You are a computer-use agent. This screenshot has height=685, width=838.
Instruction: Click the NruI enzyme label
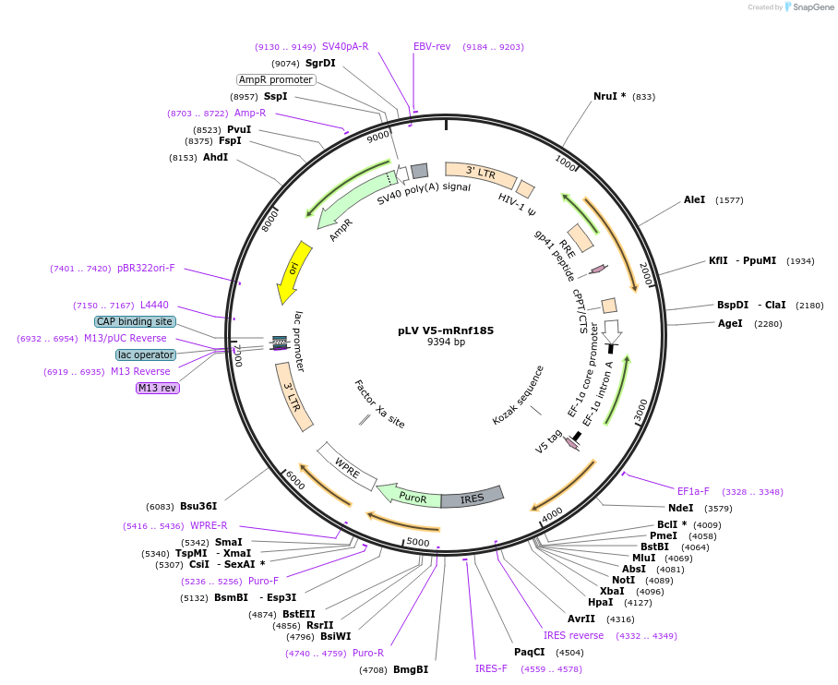[605, 96]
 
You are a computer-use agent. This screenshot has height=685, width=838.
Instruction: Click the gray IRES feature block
[472, 499]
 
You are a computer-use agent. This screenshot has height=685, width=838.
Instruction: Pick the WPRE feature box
[347, 466]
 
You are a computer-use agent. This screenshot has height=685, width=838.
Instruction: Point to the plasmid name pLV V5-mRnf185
[446, 330]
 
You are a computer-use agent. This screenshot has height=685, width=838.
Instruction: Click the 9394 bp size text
[446, 342]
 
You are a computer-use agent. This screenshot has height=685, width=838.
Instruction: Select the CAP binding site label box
[135, 321]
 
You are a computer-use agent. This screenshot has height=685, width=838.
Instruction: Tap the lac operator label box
[146, 355]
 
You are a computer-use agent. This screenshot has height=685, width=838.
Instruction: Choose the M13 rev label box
[157, 388]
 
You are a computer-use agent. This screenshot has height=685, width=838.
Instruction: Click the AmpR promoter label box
[276, 79]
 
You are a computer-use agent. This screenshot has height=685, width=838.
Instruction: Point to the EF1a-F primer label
[693, 491]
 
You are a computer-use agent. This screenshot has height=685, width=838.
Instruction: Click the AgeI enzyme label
[730, 323]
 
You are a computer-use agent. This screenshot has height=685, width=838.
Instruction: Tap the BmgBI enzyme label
[411, 669]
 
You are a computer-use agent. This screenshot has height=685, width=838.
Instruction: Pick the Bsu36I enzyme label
[198, 506]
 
